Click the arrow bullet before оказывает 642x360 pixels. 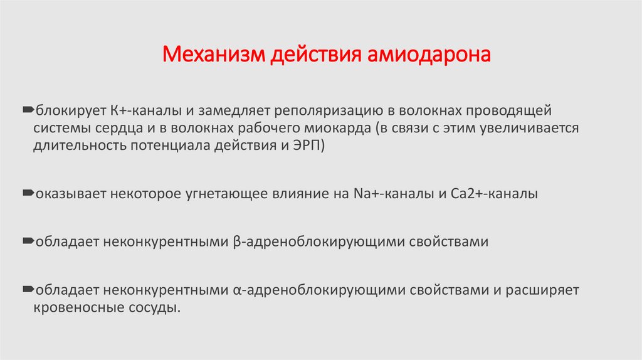pyautogui.click(x=29, y=194)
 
